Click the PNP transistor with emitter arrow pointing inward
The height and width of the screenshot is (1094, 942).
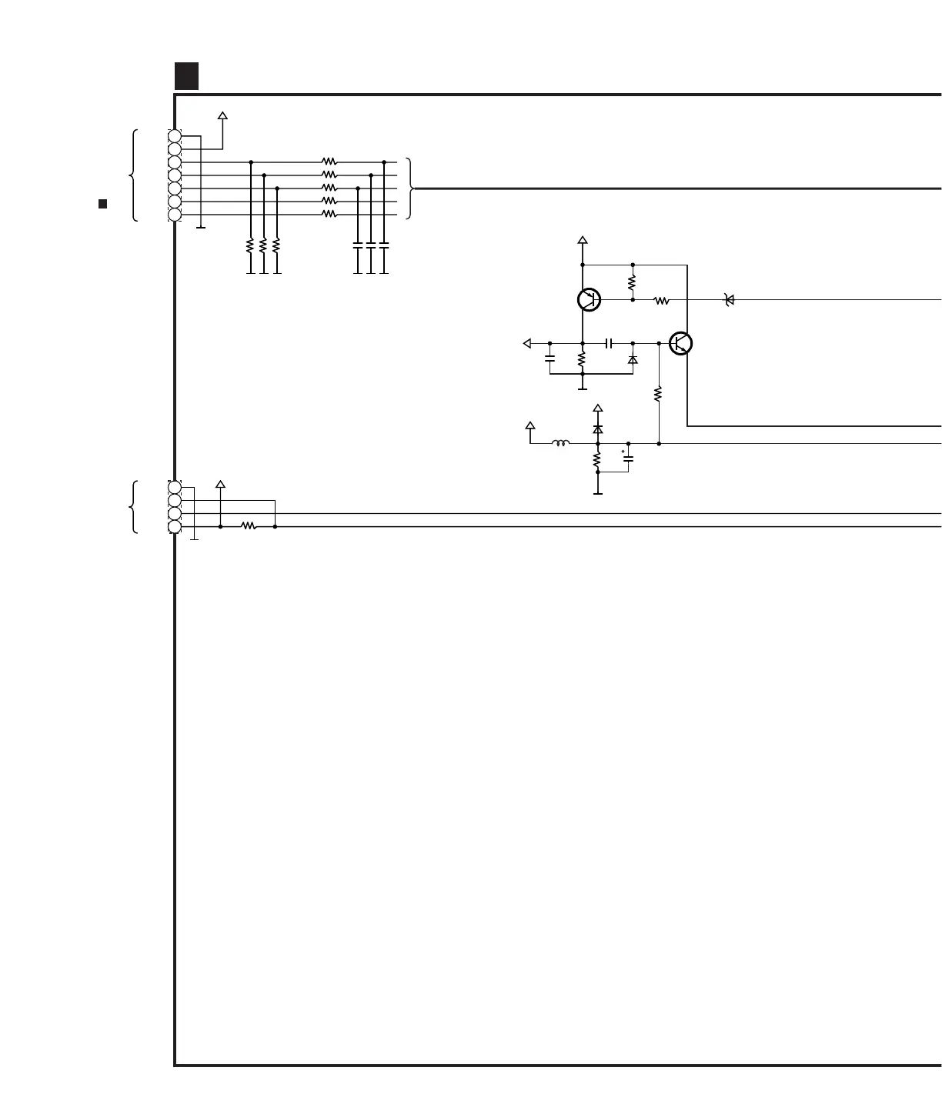pyautogui.click(x=589, y=299)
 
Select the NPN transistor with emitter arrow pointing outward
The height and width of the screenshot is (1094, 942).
pyautogui.click(x=680, y=343)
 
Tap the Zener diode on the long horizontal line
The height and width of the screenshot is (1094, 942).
pyautogui.click(x=730, y=300)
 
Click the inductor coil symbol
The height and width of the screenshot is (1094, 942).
pyautogui.click(x=561, y=443)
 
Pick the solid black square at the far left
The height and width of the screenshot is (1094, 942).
pyautogui.click(x=102, y=204)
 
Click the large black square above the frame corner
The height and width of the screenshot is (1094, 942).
pyautogui.click(x=186, y=75)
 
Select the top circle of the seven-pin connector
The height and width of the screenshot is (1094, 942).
pyautogui.click(x=175, y=137)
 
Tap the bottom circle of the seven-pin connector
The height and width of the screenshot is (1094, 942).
pyautogui.click(x=175, y=215)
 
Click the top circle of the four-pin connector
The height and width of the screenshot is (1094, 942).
pyautogui.click(x=175, y=487)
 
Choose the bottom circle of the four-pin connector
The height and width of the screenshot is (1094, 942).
pyautogui.click(x=175, y=526)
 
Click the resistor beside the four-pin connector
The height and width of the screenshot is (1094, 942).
pyautogui.click(x=248, y=526)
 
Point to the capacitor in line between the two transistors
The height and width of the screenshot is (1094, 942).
pyautogui.click(x=608, y=343)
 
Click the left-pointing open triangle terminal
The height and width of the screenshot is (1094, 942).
pyautogui.click(x=527, y=343)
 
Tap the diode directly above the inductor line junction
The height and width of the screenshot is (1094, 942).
pyautogui.click(x=598, y=429)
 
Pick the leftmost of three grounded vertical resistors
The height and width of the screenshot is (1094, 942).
pyautogui.click(x=250, y=245)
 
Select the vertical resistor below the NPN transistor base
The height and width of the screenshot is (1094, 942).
pyautogui.click(x=659, y=394)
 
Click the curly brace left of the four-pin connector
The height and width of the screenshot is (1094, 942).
pyautogui.click(x=134, y=507)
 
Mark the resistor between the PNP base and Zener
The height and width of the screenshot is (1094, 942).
pyautogui.click(x=662, y=300)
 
